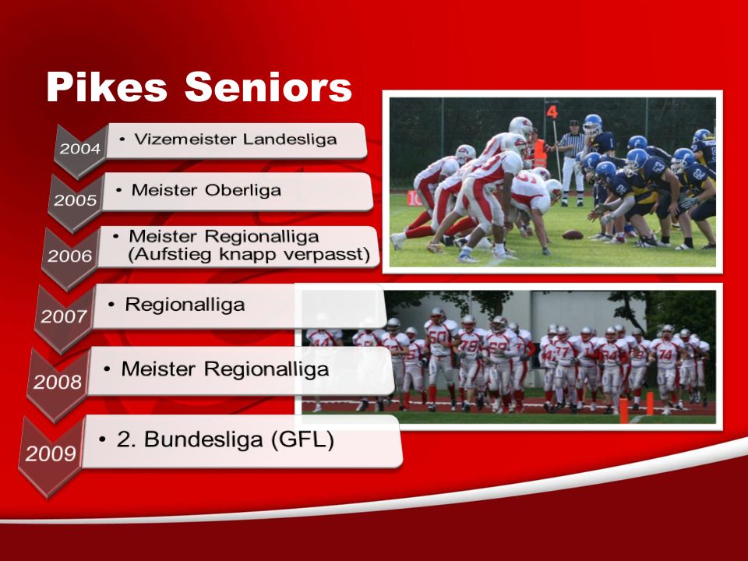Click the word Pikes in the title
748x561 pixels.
107,86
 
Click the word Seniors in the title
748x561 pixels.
268,86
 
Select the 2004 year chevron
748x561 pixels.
79,149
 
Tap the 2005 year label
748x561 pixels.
75,200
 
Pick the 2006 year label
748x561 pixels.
69,256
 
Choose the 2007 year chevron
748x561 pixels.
64,317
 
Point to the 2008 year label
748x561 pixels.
58,382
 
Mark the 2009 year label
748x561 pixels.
51,453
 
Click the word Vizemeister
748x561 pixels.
185,139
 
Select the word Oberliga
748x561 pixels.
243,190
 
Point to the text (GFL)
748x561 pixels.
302,439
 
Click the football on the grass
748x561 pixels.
573,235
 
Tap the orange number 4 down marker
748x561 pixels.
552,112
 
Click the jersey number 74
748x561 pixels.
666,355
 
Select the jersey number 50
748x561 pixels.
438,337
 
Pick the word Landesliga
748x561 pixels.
290,139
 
